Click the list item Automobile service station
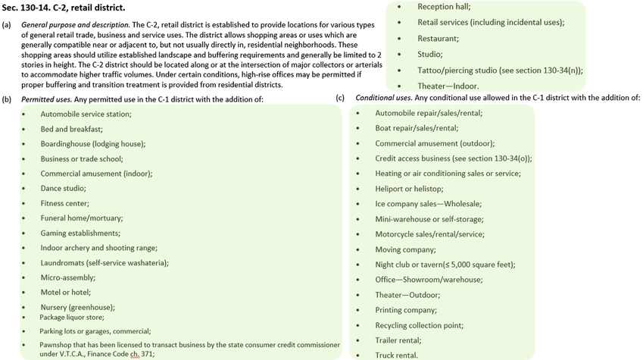coord(86,114)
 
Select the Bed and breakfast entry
coord(71,129)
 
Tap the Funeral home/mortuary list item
coord(81,218)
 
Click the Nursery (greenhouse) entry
coord(78,307)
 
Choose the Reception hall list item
coord(444,7)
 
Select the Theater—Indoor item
coord(448,86)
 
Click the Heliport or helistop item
coord(409,188)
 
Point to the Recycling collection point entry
coord(420,325)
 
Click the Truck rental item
coord(396,355)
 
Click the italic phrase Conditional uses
coord(384,99)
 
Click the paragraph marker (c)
coord(340,99)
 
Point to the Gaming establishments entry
coord(80,233)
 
